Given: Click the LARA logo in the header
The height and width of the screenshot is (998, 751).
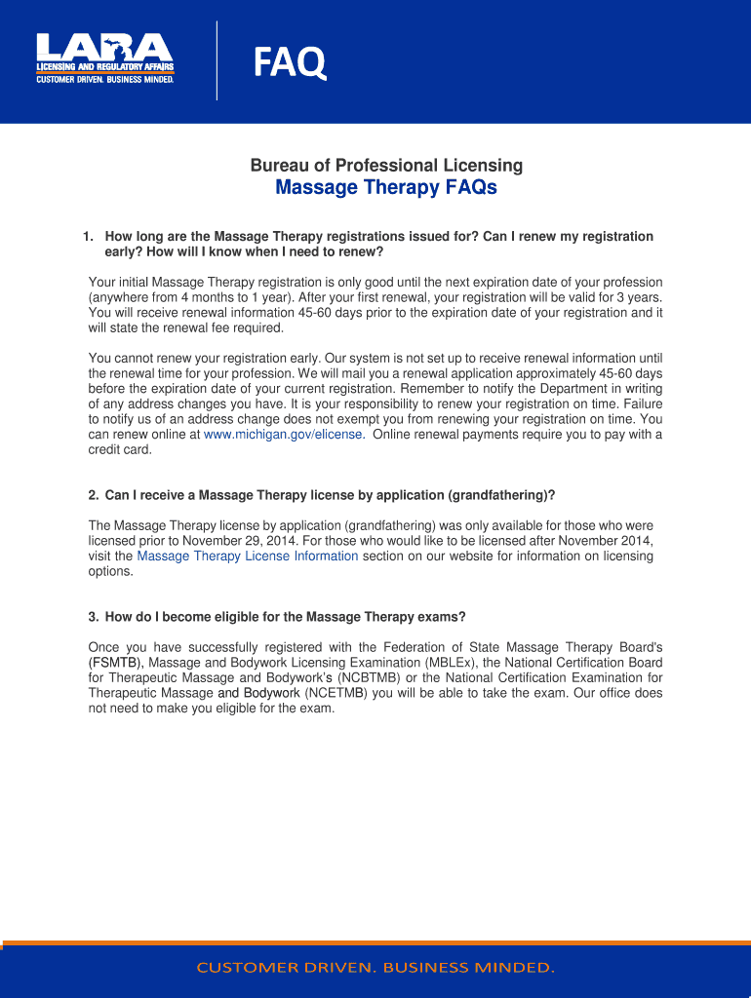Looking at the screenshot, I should [104, 58].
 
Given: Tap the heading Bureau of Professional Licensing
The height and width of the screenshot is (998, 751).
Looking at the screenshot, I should [386, 166].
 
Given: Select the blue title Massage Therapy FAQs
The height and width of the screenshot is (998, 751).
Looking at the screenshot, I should [386, 187].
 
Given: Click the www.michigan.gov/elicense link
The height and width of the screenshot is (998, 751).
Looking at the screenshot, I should [284, 435].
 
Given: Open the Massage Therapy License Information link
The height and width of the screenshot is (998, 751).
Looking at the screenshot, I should [248, 557].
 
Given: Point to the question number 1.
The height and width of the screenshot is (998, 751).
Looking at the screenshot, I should [87, 237].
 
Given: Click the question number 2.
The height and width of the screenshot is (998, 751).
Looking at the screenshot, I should [93, 495].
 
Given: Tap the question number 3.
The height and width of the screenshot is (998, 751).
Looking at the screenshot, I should [93, 617].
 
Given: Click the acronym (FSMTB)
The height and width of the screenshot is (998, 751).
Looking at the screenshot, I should [115, 663].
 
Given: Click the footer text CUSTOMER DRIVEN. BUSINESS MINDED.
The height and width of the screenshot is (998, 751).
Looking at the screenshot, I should [375, 968].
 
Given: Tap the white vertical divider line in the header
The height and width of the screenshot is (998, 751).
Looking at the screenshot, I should [217, 60].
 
